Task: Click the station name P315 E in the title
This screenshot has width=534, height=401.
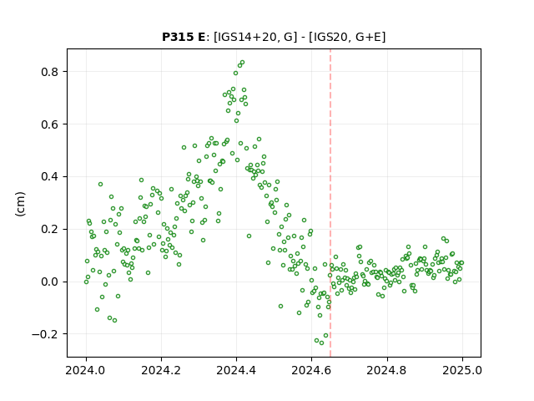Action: pos(184,37)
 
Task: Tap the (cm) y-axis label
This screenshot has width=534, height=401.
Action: pos(20,204)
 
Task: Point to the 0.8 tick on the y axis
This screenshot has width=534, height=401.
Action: pos(50,72)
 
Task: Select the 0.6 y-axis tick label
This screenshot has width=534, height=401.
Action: pos(50,124)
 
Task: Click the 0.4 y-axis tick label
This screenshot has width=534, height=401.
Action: pos(50,176)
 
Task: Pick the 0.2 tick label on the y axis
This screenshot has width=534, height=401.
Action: pos(50,229)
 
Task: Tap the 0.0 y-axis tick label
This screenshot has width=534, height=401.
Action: pos(50,282)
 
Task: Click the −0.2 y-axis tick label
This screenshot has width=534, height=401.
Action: pos(45,334)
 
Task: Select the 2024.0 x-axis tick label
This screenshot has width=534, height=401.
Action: pos(86,370)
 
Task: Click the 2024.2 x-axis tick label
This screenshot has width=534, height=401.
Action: pos(161,370)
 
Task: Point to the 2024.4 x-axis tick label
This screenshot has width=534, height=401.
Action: pos(236,370)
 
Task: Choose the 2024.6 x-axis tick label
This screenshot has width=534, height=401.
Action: pos(311,370)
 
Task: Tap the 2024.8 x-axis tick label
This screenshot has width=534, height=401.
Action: pos(387,370)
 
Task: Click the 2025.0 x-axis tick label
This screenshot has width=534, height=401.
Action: pos(462,370)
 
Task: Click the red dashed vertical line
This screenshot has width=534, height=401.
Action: pos(330,203)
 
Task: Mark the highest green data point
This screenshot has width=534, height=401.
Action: pos(242,63)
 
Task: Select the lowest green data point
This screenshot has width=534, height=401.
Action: pos(321,343)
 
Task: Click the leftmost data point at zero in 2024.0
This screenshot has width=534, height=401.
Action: pos(86,282)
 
